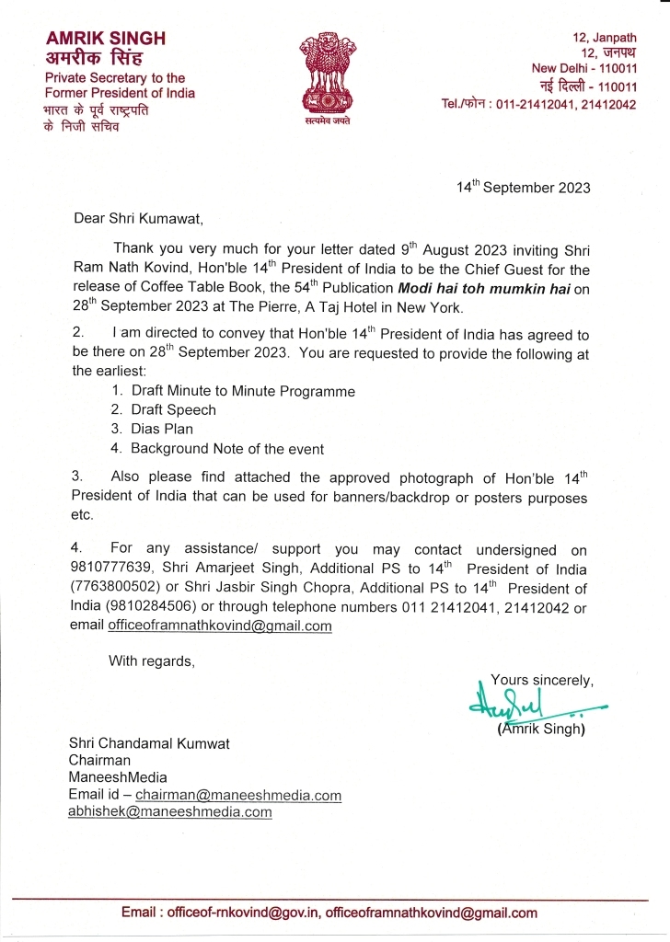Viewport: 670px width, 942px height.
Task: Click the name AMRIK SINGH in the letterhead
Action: pos(106,38)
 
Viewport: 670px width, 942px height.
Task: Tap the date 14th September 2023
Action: pos(524,188)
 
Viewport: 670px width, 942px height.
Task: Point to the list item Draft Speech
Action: pos(173,409)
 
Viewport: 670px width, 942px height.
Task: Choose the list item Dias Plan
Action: pos(162,429)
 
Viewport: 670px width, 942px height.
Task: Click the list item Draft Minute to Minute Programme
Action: pos(242,391)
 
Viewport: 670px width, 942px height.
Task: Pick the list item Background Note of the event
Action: pos(226,449)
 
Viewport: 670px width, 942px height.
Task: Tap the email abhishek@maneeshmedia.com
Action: pos(170,812)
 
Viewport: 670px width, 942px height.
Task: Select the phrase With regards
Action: pos(152,660)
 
